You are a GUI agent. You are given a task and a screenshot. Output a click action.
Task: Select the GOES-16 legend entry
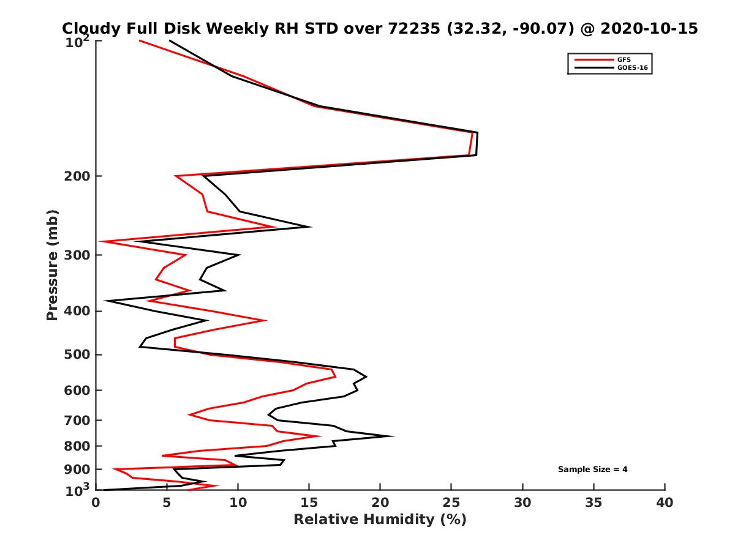633,68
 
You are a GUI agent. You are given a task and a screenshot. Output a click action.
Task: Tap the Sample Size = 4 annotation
592,470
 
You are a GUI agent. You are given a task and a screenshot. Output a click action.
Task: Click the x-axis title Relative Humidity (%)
380,520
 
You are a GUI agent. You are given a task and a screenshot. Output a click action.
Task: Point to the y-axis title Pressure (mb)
52,264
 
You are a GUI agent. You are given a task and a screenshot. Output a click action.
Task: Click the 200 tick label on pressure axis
75,176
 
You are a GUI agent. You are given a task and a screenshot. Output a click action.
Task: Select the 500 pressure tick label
75,355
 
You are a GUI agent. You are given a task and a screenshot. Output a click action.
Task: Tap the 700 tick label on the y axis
75,421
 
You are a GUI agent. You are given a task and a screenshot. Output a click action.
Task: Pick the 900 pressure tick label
75,470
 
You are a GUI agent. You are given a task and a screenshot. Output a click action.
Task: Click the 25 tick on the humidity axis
451,503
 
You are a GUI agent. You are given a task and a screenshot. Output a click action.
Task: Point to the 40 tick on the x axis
665,503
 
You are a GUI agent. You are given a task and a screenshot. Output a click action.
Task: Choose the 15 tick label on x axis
309,503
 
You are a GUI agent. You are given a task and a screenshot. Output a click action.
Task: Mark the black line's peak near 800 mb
393,437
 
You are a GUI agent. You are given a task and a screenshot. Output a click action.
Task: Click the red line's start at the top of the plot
140,40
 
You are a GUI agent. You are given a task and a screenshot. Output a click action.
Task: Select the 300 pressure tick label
75,255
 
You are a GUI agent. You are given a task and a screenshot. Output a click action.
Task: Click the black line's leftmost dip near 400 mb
105,301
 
